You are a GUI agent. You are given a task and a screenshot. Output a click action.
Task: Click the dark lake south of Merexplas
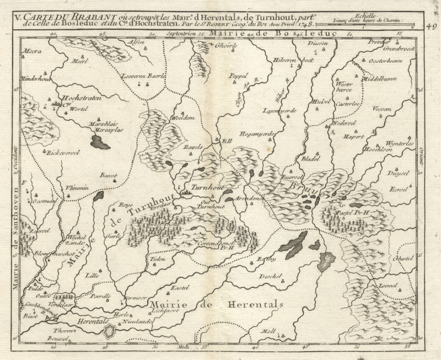(x=100, y=143)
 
